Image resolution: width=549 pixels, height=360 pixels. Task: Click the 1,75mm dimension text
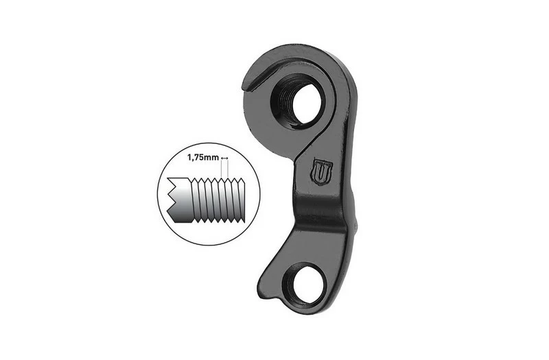(x=202, y=158)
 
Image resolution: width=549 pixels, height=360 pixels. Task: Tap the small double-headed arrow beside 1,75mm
(x=224, y=158)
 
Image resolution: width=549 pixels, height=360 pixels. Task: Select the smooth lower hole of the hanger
(x=304, y=285)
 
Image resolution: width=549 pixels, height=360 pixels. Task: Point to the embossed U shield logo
(x=322, y=171)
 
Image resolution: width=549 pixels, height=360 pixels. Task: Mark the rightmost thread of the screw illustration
(x=241, y=200)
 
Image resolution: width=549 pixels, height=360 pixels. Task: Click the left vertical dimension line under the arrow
(x=221, y=169)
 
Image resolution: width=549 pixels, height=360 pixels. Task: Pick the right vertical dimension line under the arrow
(x=228, y=169)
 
